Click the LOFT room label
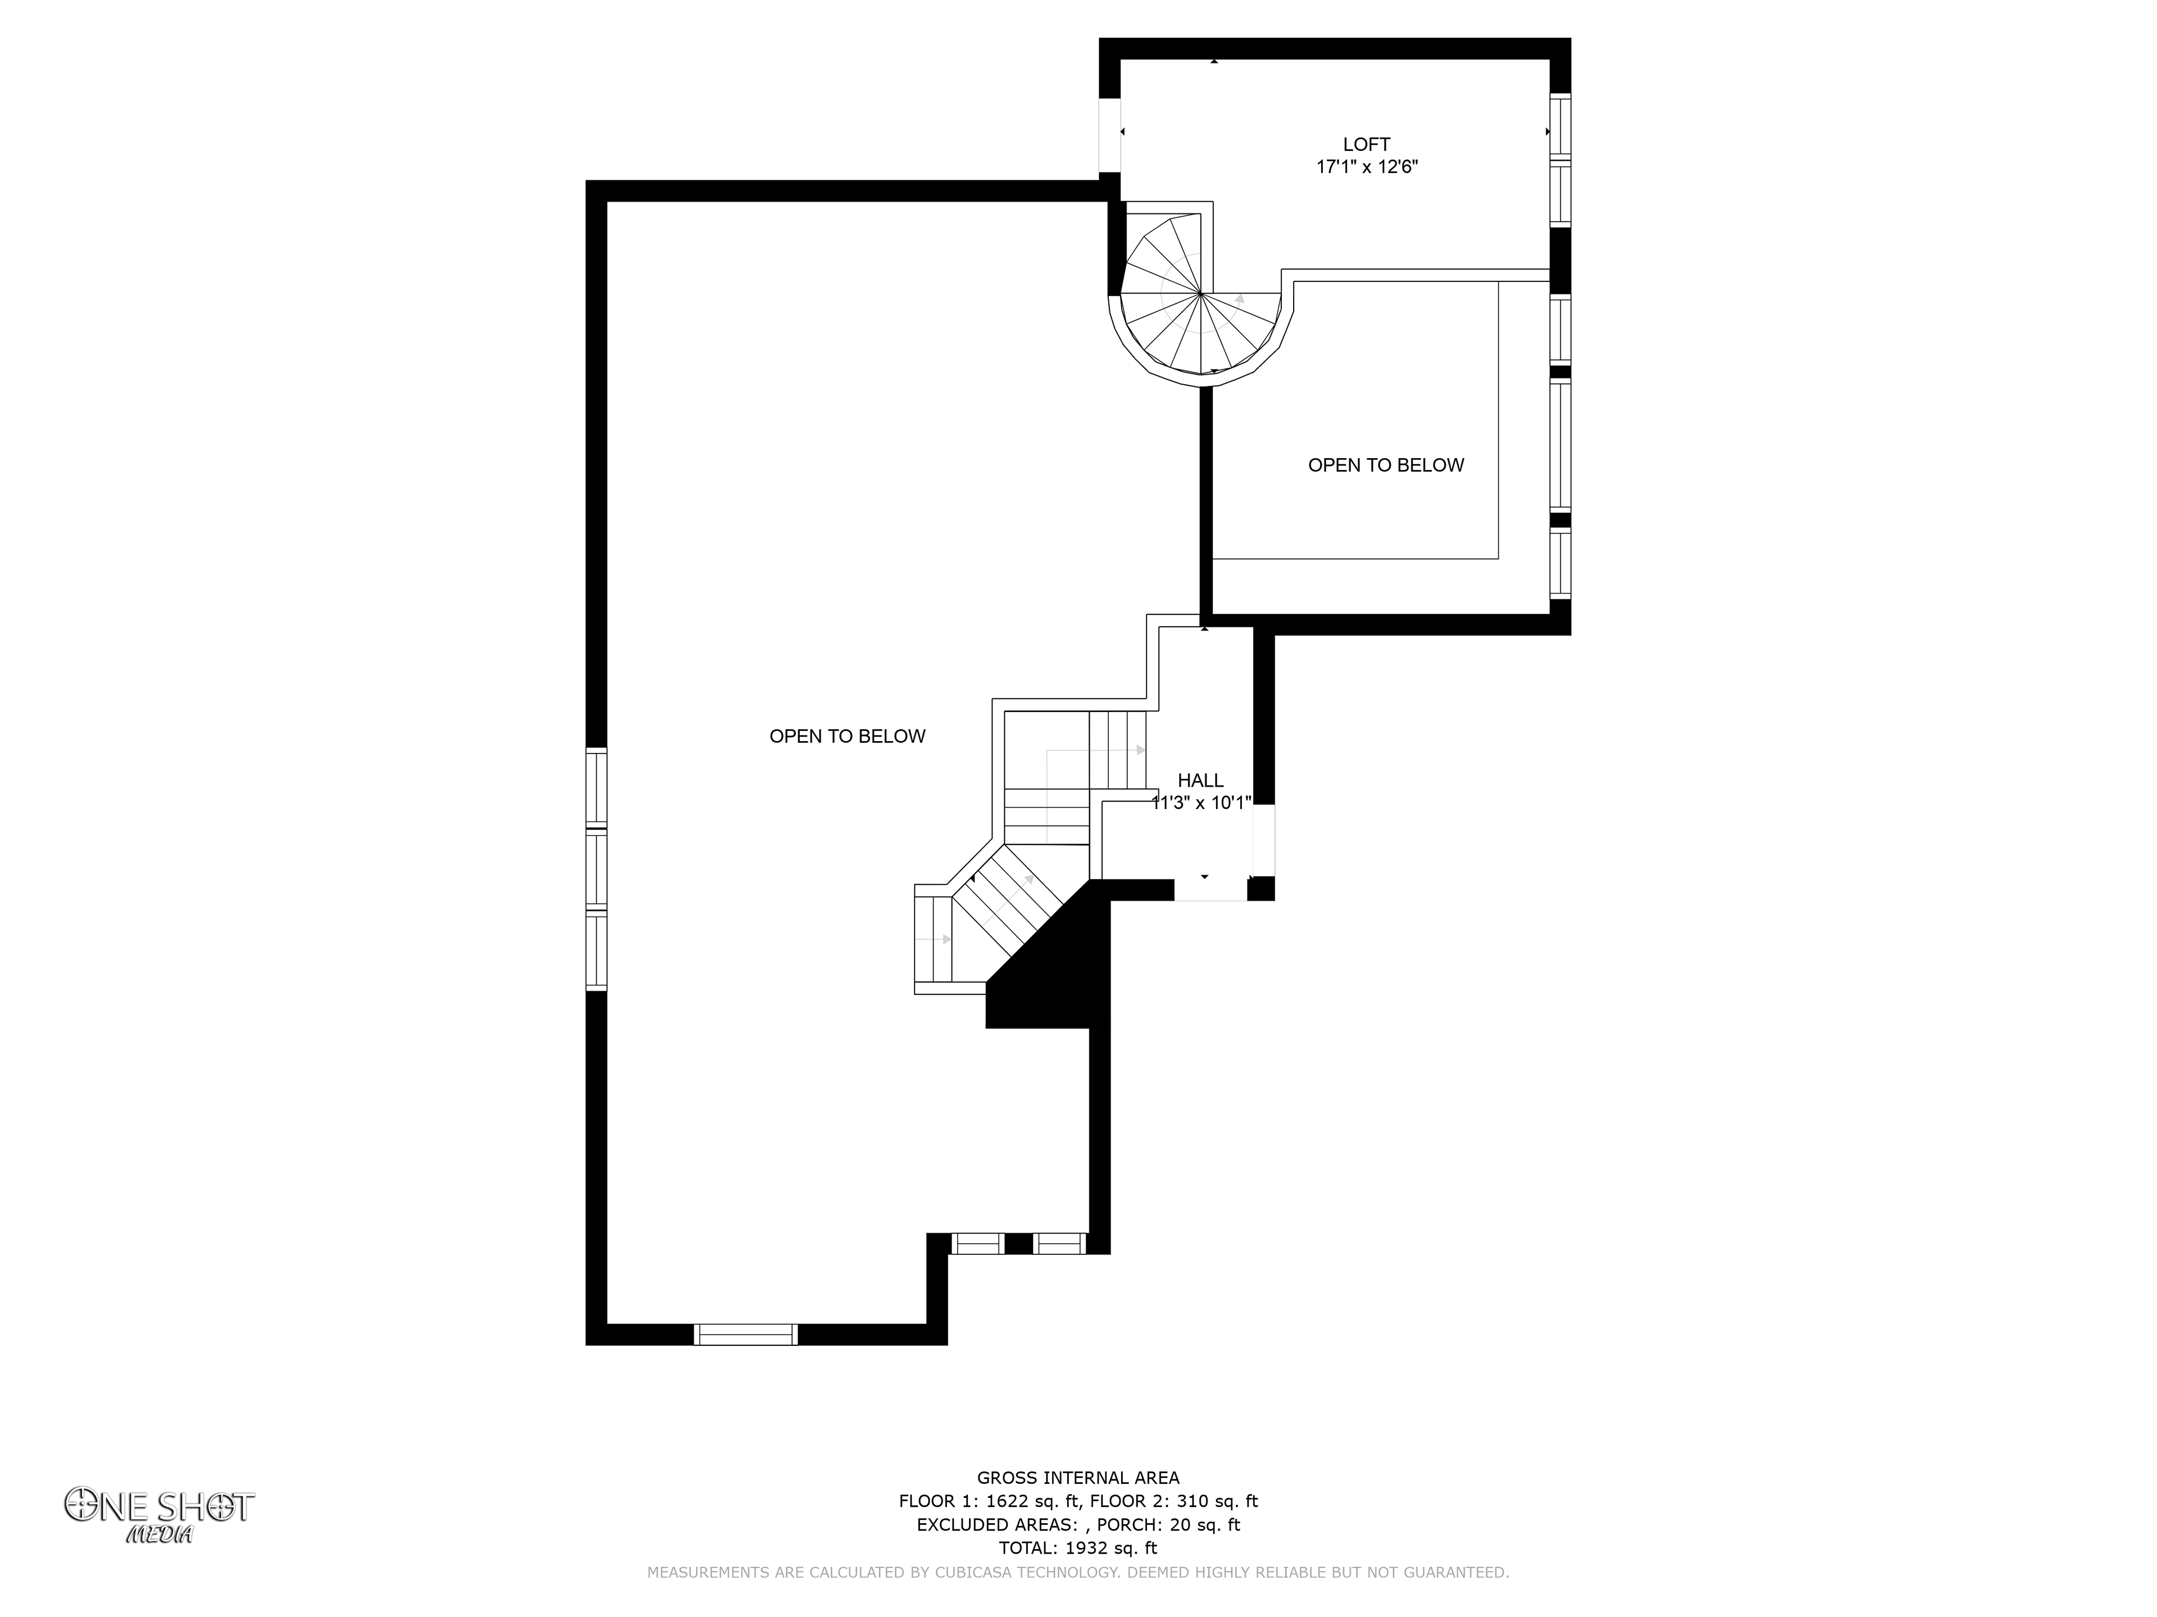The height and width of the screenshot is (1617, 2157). [x=1366, y=144]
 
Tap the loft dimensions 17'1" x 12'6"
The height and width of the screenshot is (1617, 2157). [x=1366, y=167]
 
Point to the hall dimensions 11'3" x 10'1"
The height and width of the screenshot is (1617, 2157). [x=1202, y=803]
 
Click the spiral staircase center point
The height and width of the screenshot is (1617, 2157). [x=1200, y=293]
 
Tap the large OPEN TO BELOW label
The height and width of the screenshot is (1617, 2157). [x=848, y=737]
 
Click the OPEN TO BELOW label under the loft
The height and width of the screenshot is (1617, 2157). [x=1386, y=466]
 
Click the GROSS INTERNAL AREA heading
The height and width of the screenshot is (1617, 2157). [x=1077, y=1478]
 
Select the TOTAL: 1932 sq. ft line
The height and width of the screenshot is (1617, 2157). [x=1077, y=1548]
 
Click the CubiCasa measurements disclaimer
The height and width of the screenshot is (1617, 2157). [x=1077, y=1572]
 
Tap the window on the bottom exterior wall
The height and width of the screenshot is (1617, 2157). [x=746, y=1335]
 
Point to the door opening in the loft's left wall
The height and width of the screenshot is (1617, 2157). [x=1110, y=135]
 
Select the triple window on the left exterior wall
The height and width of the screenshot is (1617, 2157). [x=596, y=869]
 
